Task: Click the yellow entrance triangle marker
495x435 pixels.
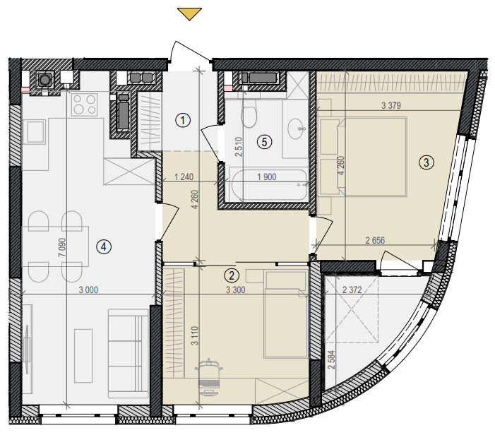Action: point(189,14)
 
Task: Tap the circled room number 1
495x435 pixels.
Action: point(183,120)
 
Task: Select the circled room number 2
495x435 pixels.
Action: point(232,275)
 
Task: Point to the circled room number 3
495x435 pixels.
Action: point(427,162)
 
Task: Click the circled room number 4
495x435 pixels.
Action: point(104,246)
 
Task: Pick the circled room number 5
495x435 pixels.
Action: point(264,142)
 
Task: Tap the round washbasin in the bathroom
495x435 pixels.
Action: point(297,129)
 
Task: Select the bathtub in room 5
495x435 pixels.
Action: point(269,185)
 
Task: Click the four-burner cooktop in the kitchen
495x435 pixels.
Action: point(84,105)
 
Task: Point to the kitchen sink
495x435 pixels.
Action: point(35,131)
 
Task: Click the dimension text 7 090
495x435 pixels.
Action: point(63,247)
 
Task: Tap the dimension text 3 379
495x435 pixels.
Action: point(391,105)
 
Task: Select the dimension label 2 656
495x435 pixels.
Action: point(375,241)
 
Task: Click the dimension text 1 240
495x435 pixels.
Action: point(184,177)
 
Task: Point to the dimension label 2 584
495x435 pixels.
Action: point(331,360)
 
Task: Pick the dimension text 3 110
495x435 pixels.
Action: point(195,335)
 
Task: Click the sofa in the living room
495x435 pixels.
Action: point(129,354)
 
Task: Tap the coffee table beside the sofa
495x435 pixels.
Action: point(83,356)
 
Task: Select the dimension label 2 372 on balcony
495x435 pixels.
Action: point(352,290)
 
